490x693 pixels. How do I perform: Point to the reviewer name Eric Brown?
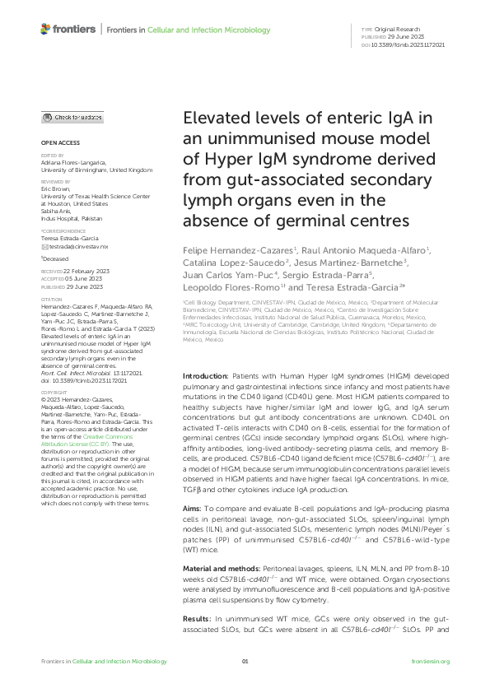(x=55, y=188)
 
